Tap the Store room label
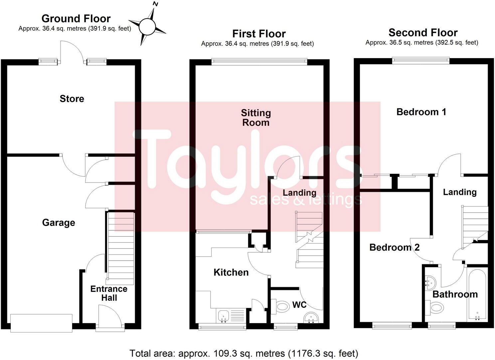click(72, 98)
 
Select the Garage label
click(59, 222)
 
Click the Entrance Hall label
click(109, 293)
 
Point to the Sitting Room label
click(256, 118)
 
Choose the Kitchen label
click(231, 272)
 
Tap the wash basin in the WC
click(312, 318)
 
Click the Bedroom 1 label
click(421, 112)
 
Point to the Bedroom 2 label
click(394, 247)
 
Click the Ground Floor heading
click(76, 18)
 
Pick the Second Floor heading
click(423, 33)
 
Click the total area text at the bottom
click(244, 353)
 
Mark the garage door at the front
click(41, 323)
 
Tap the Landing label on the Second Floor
click(460, 192)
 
